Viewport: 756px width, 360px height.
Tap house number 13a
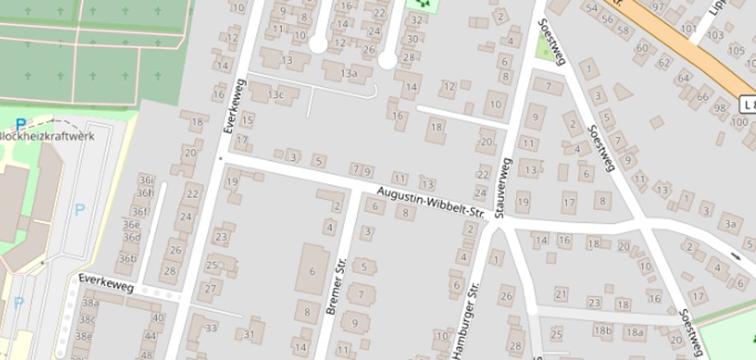[x=350, y=74]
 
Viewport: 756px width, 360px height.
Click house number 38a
[x=89, y=302]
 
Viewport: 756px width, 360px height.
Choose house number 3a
[x=729, y=222]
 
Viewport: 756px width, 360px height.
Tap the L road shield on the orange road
[x=747, y=104]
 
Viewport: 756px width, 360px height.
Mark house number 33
[x=211, y=328]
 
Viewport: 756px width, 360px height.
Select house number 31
[x=249, y=335]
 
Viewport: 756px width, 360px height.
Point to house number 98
[x=721, y=108]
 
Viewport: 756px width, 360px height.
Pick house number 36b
[x=127, y=258]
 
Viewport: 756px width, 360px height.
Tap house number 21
[x=561, y=293]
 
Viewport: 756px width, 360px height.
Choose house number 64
[x=683, y=78]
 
